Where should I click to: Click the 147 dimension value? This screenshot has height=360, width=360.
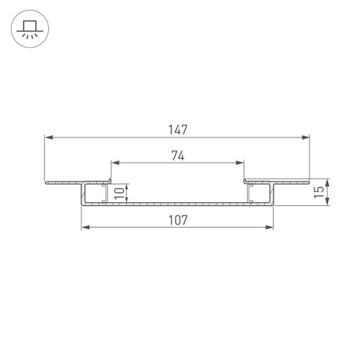click(177, 130)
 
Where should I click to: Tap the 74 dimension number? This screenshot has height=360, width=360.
click(177, 154)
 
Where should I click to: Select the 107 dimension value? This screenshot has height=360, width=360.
click(177, 221)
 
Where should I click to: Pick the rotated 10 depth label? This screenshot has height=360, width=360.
click(120, 193)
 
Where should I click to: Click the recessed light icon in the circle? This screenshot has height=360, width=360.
click(29, 30)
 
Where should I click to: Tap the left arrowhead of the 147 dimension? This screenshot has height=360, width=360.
click(48, 137)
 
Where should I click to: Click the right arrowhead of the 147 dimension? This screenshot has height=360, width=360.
click(306, 137)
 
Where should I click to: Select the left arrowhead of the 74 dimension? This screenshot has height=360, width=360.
click(114, 162)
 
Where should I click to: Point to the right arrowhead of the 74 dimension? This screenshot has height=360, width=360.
click(240, 162)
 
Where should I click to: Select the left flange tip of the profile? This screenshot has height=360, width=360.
click(47, 181)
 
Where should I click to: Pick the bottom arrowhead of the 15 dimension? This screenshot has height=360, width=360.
click(328, 202)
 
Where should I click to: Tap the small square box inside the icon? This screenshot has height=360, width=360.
click(29, 26)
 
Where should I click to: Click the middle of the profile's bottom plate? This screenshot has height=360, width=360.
click(177, 204)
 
